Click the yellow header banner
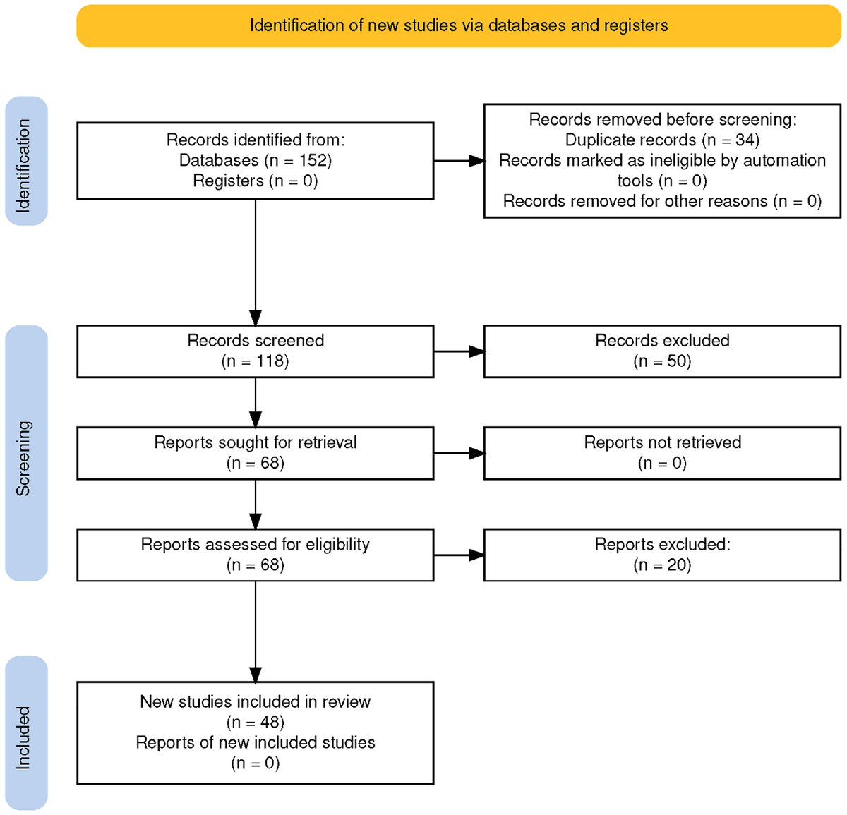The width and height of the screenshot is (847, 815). click(458, 25)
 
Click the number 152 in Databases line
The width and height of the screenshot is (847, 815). click(312, 160)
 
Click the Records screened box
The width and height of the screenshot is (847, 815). click(255, 351)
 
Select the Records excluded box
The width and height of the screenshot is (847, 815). click(662, 351)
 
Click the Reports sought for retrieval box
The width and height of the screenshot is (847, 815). click(255, 453)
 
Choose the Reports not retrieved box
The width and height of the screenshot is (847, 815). click(662, 453)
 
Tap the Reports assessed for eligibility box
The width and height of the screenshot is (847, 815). click(255, 555)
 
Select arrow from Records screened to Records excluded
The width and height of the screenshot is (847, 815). click(459, 351)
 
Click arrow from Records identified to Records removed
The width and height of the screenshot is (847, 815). click(459, 161)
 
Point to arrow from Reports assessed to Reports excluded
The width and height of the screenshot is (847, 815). click(459, 555)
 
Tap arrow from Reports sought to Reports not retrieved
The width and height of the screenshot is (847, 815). click(459, 453)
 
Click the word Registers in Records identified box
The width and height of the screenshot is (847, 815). click(228, 181)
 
